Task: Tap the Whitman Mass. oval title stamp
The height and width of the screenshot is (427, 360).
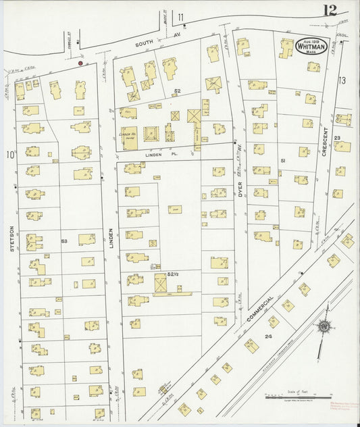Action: (311, 46)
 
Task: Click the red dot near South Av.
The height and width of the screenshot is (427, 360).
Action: (80, 63)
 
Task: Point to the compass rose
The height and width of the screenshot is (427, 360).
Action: (325, 327)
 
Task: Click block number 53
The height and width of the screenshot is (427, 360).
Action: (64, 241)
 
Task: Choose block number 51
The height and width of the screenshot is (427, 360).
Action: (284, 160)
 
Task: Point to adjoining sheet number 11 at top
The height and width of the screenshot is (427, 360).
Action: (180, 17)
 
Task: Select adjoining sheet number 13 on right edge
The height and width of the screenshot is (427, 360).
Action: (342, 80)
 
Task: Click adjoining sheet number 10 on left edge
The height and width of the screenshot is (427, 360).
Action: (10, 155)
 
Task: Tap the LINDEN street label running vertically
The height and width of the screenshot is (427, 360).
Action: (112, 237)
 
